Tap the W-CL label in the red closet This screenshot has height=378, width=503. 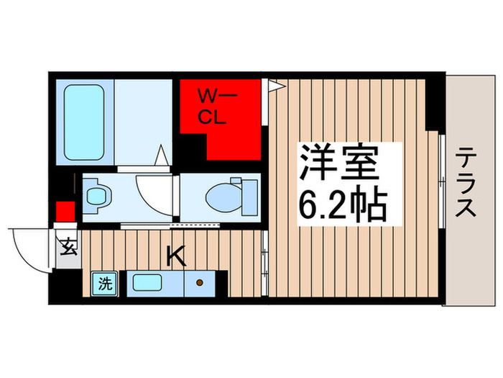[213, 106]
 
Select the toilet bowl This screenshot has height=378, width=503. [231, 194]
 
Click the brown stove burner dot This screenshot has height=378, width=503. [198, 284]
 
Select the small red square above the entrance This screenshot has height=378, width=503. [65, 212]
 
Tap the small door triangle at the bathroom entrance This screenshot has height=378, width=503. [163, 156]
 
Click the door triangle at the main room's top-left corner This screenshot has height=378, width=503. [277, 86]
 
